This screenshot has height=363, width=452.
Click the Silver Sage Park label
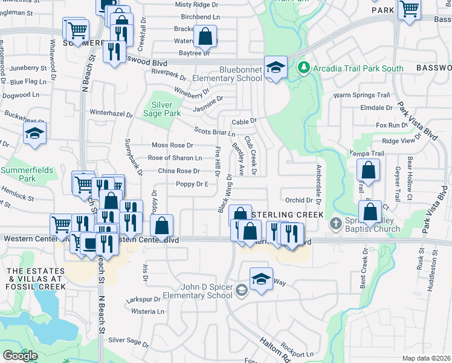click(162, 108)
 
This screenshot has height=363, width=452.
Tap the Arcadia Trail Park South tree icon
click(305, 68)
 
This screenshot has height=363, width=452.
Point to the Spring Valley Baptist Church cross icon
click(336, 224)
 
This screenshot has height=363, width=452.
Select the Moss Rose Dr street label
click(172, 145)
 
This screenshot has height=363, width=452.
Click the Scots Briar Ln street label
click(214, 132)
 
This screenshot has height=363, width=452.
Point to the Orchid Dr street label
click(299, 200)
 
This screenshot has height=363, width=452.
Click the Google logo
click(20, 356)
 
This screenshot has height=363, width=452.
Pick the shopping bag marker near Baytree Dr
click(205, 36)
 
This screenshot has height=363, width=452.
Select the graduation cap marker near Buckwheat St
click(34, 134)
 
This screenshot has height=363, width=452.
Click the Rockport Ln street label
click(302, 354)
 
